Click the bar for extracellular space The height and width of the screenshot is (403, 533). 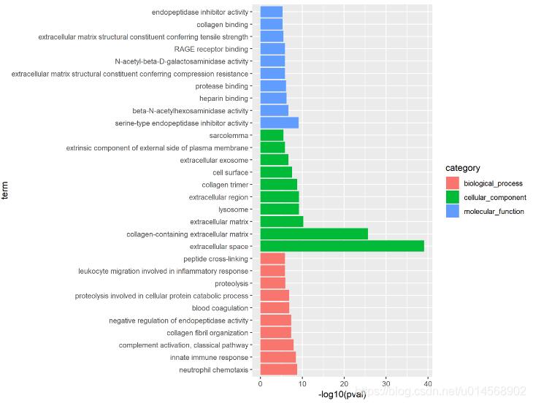click(342, 246)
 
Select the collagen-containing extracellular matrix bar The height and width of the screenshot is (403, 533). click(314, 234)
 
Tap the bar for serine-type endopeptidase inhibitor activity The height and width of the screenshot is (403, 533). click(279, 123)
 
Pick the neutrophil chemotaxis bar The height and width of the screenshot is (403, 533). click(278, 369)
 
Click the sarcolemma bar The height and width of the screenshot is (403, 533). click(272, 135)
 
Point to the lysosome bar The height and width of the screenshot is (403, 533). click(279, 209)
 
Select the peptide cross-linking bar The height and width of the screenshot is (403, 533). click(272, 258)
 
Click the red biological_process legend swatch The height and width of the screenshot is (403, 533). click(453, 183)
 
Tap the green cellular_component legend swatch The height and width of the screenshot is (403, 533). click(453, 197)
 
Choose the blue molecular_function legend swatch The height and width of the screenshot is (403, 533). click(453, 211)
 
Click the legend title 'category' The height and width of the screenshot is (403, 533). click(463, 168)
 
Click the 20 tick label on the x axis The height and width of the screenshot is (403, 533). click(344, 384)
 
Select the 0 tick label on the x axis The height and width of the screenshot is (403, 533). click(260, 384)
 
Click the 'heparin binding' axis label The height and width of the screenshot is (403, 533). click(223, 98)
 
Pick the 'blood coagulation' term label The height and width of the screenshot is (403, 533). click(220, 308)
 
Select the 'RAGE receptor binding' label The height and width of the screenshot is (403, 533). click(211, 49)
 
